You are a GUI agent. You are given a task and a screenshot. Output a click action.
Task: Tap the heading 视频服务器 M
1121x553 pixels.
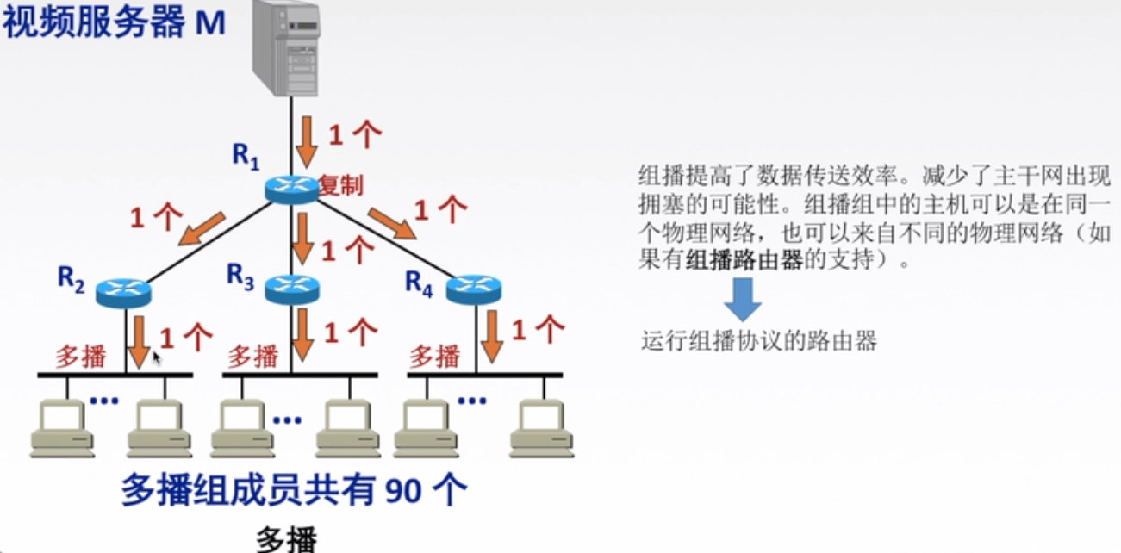pos(114,23)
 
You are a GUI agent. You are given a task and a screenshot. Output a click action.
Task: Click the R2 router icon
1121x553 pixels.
pos(122,292)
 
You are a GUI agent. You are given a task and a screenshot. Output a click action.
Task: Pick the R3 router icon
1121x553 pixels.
pos(292,289)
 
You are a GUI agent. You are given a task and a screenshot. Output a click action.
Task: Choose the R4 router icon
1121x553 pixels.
pos(474,289)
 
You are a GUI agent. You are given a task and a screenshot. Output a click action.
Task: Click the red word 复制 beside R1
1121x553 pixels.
pos(340,184)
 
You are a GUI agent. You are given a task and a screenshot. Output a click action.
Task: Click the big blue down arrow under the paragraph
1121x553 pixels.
pos(742,301)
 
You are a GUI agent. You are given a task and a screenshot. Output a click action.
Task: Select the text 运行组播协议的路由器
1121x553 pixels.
pos(758,342)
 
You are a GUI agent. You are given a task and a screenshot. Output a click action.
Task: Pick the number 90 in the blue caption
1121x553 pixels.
pos(402,491)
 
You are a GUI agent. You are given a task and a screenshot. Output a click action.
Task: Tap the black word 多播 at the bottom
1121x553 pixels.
pos(287,540)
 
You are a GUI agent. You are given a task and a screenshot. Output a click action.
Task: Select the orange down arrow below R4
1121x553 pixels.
pos(491,337)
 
